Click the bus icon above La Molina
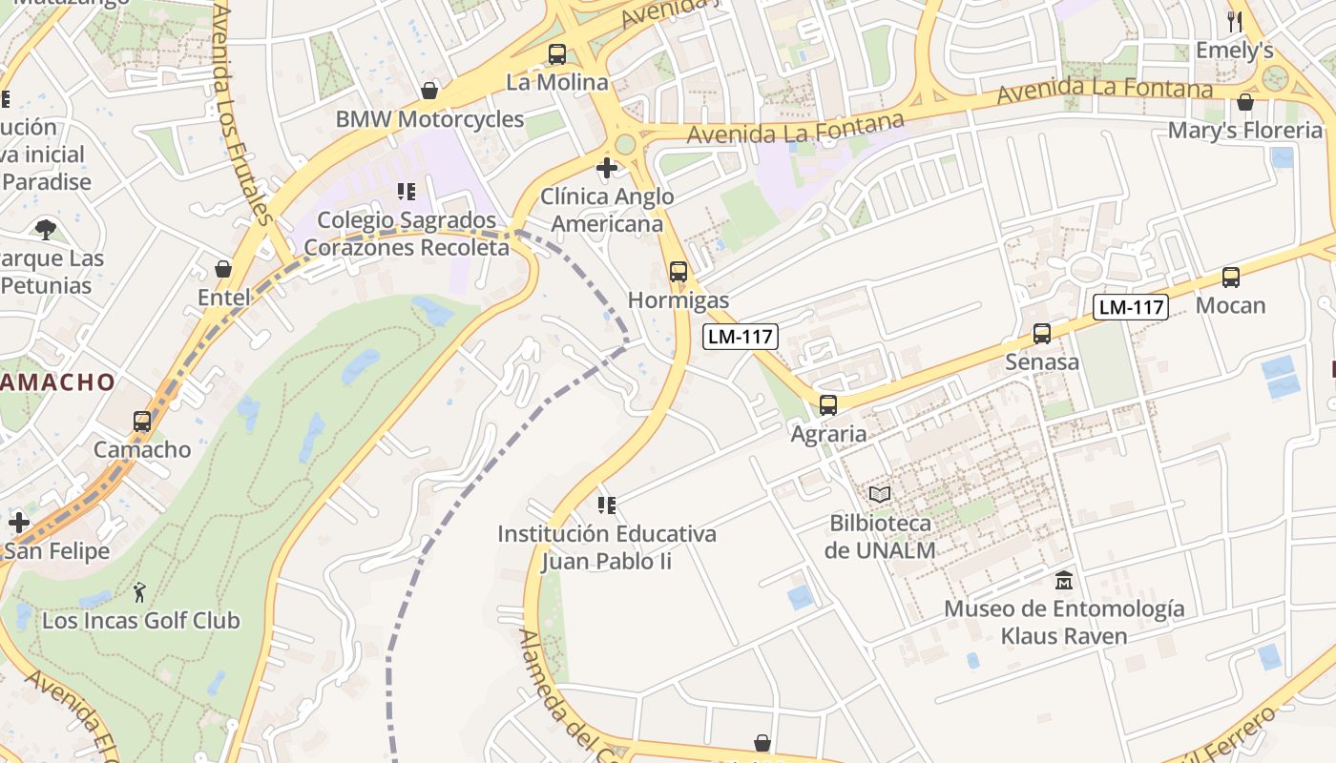point(556,54)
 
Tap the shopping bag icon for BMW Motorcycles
point(429,91)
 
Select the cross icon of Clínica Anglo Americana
point(606,169)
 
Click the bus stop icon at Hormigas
point(678,272)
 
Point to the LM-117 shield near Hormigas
point(741,336)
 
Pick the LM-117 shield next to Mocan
point(1131,307)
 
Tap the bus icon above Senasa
point(1041,334)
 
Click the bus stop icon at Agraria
point(827,405)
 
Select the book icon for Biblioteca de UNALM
point(879,494)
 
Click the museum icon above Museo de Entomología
point(1063,580)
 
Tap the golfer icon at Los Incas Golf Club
point(140,592)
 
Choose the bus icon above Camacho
point(141,421)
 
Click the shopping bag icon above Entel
point(223,269)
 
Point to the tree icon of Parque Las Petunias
point(45,229)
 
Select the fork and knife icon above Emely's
point(1235,21)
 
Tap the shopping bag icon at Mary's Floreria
point(1244,102)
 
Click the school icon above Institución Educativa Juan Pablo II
point(606,505)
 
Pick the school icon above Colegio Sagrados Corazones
point(407,192)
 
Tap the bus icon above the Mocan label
point(1231,278)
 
